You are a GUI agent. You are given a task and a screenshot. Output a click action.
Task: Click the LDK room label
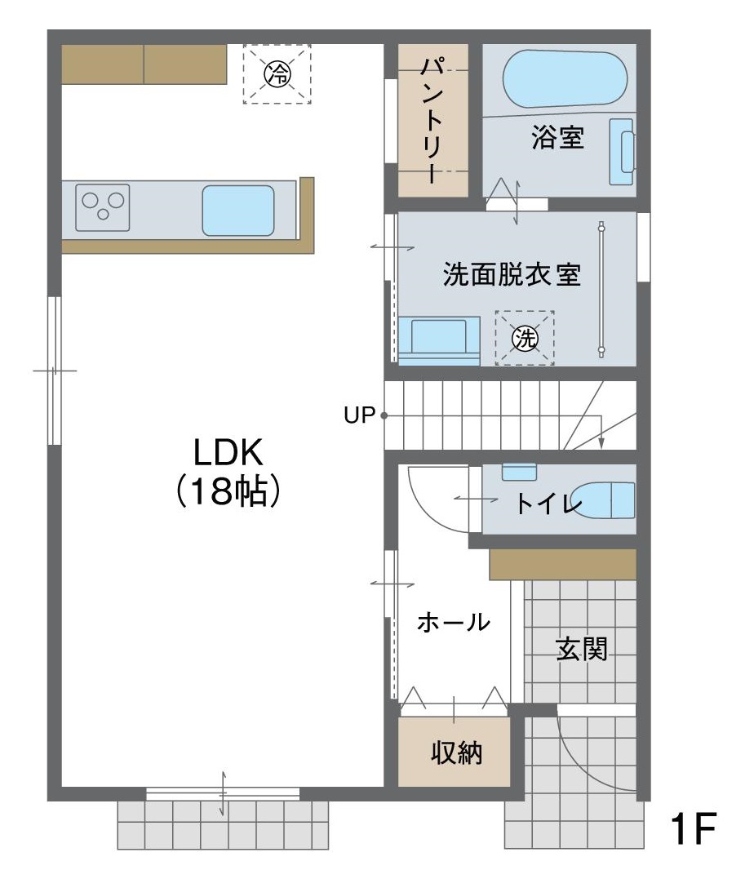(228, 453)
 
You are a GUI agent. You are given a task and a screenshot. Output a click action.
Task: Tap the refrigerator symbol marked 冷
(277, 73)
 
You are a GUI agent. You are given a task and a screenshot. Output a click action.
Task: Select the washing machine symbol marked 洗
(525, 338)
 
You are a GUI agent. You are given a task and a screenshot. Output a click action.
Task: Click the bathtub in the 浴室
(565, 78)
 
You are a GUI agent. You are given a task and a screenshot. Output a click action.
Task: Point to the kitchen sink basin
(238, 211)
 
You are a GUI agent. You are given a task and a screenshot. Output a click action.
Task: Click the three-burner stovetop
(103, 207)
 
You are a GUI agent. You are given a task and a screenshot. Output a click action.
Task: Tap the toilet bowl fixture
(604, 500)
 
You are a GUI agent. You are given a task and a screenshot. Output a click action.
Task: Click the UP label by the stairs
(359, 415)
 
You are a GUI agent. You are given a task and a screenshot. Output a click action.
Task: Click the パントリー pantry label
(432, 120)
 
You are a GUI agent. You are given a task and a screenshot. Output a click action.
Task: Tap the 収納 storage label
(456, 752)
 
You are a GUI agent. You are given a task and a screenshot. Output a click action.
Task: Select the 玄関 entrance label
(582, 649)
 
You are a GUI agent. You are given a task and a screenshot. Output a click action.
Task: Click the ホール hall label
(454, 622)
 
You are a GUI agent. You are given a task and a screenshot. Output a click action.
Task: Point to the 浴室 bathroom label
(558, 137)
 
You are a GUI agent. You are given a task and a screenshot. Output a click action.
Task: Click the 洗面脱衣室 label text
(512, 275)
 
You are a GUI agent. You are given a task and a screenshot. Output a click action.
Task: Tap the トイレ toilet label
(549, 503)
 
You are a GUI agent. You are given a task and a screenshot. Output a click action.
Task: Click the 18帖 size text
(228, 491)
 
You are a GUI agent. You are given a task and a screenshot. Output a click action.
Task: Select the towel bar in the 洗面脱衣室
(601, 289)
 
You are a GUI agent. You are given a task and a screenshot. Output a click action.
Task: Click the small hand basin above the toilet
(519, 472)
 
